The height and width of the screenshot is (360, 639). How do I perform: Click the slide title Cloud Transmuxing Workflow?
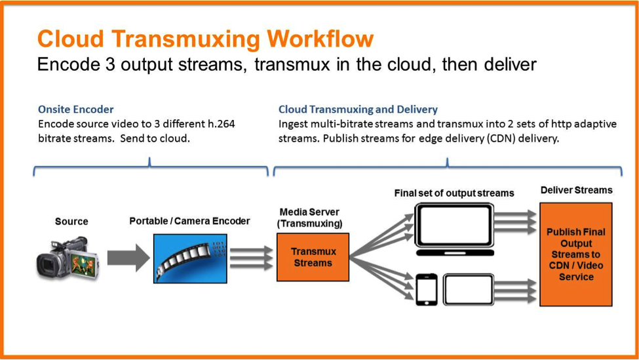pos(205,39)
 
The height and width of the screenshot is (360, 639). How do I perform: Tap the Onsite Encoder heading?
pos(75,109)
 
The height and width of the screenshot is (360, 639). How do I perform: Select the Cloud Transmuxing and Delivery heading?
pos(358,109)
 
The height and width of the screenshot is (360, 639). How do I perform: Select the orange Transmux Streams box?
pos(313,257)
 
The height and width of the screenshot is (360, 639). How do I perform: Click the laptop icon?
pos(454,229)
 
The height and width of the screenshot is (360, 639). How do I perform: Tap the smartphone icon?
pos(426,289)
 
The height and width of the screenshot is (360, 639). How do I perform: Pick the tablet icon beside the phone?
pos(469,289)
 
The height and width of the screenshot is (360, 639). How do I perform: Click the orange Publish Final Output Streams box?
pos(575,254)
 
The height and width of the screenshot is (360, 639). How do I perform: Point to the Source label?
pos(71,222)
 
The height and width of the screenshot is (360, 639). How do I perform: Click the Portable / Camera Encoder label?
pos(189,221)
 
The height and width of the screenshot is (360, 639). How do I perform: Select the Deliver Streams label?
pos(576,190)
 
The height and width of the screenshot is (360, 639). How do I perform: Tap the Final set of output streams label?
pos(454,193)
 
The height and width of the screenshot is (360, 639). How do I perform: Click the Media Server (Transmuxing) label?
pos(310,218)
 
